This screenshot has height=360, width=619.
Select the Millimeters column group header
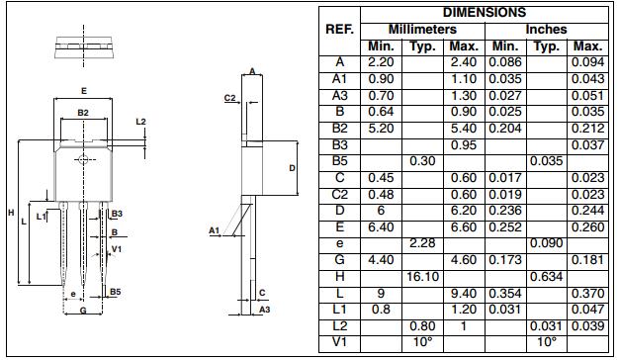pos(422,30)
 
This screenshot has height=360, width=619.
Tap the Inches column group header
pos(546,30)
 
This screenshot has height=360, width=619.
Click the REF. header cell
pos(339,30)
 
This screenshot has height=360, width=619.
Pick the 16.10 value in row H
pos(422,277)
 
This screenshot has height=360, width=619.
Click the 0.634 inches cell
pos(546,277)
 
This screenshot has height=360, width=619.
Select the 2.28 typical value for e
pos(422,243)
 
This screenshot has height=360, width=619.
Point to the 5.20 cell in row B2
pos(381,128)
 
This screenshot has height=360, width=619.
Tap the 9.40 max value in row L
pos(464,294)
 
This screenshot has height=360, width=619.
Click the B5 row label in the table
pos(339,161)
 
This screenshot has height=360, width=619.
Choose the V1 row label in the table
pos(339,343)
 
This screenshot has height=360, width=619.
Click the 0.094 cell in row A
pos(587,61)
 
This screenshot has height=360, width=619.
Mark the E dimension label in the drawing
pos(83,91)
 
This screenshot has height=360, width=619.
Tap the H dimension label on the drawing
pos(10,213)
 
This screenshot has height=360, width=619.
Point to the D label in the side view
pos(292,168)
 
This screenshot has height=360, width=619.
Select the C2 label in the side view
pos(229,98)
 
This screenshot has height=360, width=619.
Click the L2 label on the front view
pos(140,121)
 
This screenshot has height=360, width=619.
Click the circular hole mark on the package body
pos(83,158)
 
